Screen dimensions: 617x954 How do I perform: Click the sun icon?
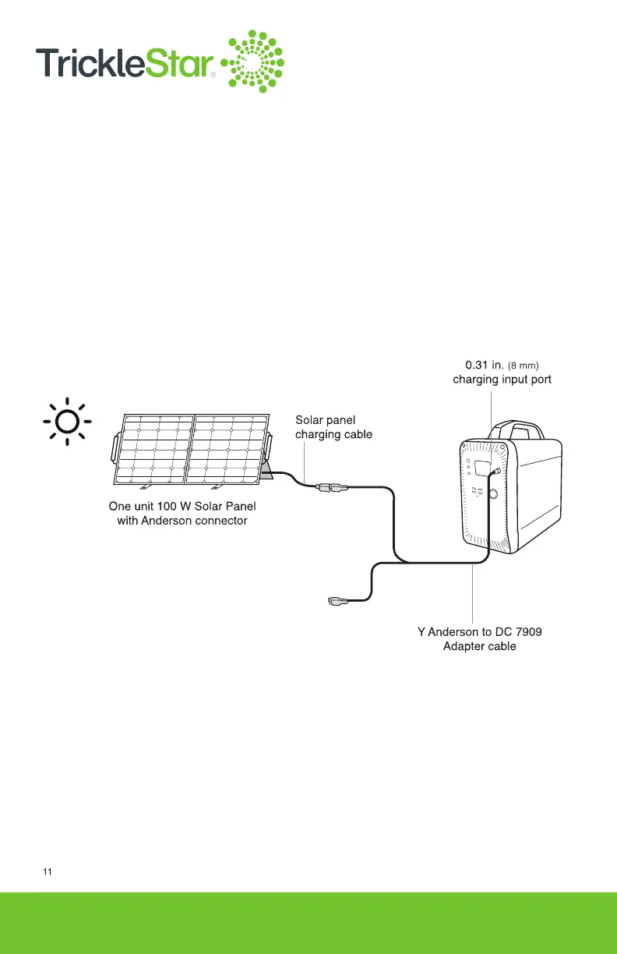(67, 422)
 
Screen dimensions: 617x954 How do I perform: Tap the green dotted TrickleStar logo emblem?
(255, 60)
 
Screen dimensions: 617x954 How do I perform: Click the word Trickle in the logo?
(89, 62)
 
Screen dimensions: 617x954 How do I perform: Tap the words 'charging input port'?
(502, 380)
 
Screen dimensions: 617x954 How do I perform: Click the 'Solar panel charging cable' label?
(333, 427)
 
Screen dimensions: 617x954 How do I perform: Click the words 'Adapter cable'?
(478, 646)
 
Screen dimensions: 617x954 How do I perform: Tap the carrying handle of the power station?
(515, 428)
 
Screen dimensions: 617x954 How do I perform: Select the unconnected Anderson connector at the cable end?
(340, 600)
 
